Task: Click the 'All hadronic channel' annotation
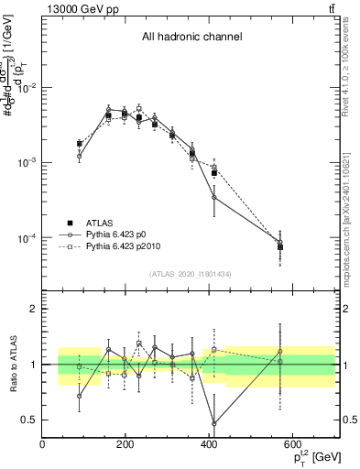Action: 191,38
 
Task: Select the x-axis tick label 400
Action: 210,444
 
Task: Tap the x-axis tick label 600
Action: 293,444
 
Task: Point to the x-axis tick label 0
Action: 43,444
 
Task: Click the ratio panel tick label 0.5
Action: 29,420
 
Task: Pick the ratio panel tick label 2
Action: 33,309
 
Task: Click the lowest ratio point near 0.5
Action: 214,423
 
